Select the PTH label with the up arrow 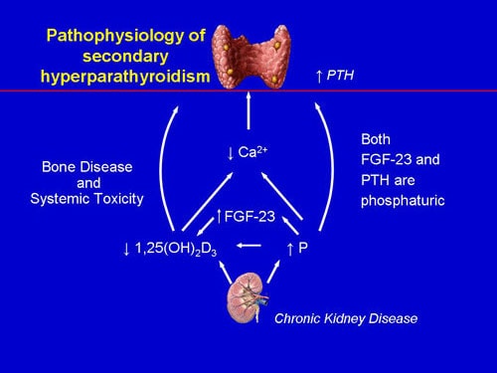point(334,76)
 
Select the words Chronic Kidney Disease point(346,319)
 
